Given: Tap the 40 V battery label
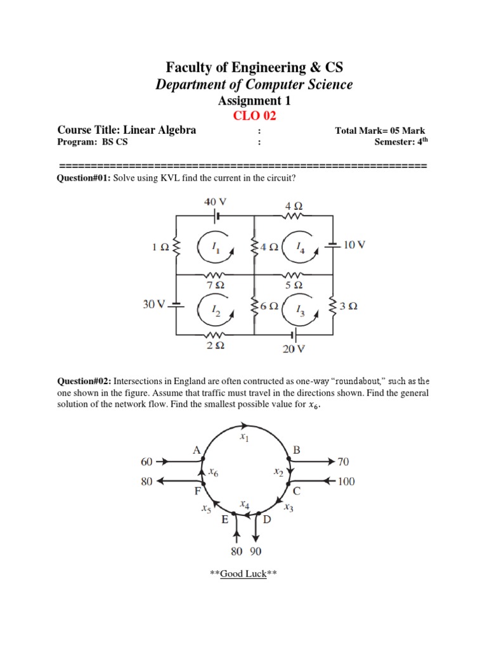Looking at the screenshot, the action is (215, 202).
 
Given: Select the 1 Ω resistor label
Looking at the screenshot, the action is (160, 247).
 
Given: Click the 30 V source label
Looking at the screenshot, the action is (153, 304).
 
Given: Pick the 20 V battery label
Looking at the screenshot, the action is (293, 349).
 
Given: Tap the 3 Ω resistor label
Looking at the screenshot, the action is (348, 306).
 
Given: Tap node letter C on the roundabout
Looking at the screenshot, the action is (297, 491).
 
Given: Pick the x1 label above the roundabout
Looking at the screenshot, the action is (244, 437).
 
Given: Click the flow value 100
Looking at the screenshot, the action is (346, 482).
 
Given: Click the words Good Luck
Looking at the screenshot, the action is (243, 574).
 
